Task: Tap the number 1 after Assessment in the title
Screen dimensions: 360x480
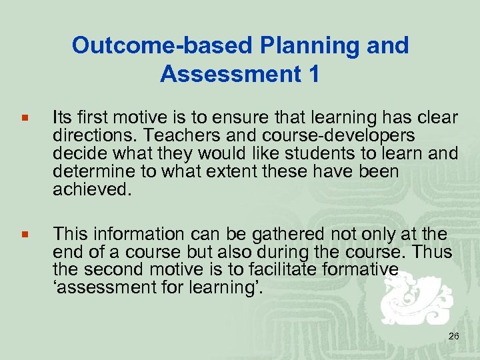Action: (x=313, y=75)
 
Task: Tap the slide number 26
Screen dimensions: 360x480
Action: (x=453, y=336)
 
